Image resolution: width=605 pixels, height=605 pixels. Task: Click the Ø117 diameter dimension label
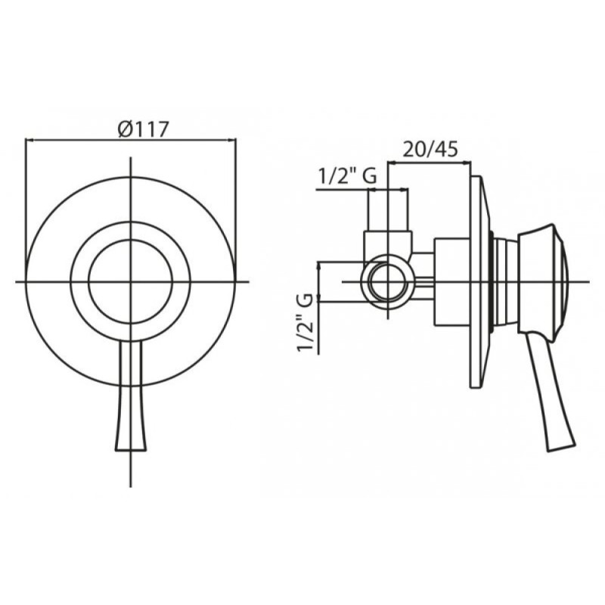point(144,129)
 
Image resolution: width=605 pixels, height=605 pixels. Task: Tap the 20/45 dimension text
point(430,148)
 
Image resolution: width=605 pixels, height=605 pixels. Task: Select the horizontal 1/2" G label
point(347,176)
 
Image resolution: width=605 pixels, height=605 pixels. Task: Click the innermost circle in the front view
point(130,240)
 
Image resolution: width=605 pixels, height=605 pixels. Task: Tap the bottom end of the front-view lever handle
point(131,450)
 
